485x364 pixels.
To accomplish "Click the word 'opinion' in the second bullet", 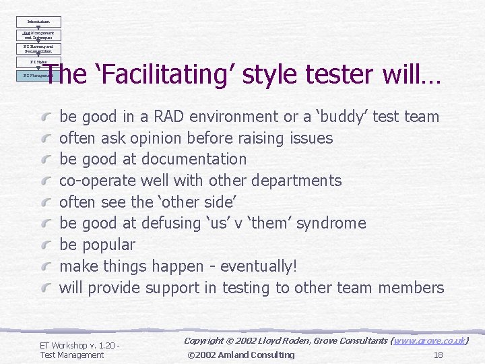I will pos(154,138).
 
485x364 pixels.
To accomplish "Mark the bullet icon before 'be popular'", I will pos(46,245).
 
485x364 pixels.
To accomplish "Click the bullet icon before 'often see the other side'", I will pos(46,203).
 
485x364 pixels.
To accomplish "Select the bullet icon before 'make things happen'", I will pos(46,267).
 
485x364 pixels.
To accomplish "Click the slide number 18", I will pos(438,355).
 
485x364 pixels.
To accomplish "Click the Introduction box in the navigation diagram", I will pos(38,22).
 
